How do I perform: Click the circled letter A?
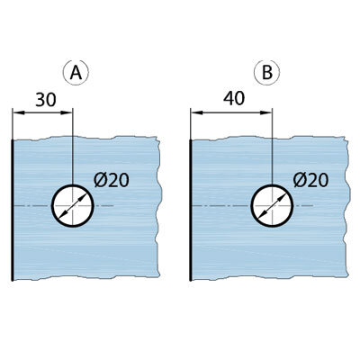[x=76, y=72]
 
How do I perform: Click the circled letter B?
[x=266, y=72]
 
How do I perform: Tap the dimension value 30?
[x=46, y=100]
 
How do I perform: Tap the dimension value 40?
[x=234, y=98]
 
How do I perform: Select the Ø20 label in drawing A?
[x=112, y=180]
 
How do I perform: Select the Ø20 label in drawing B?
[x=310, y=180]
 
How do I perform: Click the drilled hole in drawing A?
[x=73, y=205]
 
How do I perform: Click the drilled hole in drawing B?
[x=272, y=205]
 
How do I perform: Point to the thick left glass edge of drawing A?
[x=13, y=210]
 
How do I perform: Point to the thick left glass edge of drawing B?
[x=191, y=210]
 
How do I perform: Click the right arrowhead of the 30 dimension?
[x=67, y=112]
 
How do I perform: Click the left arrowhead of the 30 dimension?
[x=18, y=112]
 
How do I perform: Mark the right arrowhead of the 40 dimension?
[x=265, y=112]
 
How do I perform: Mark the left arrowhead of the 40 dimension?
[x=196, y=112]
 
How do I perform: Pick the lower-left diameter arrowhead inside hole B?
[x=262, y=214]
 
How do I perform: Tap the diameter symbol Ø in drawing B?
[x=299, y=180]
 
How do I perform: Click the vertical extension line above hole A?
[x=73, y=146]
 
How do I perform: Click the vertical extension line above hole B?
[x=272, y=146]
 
